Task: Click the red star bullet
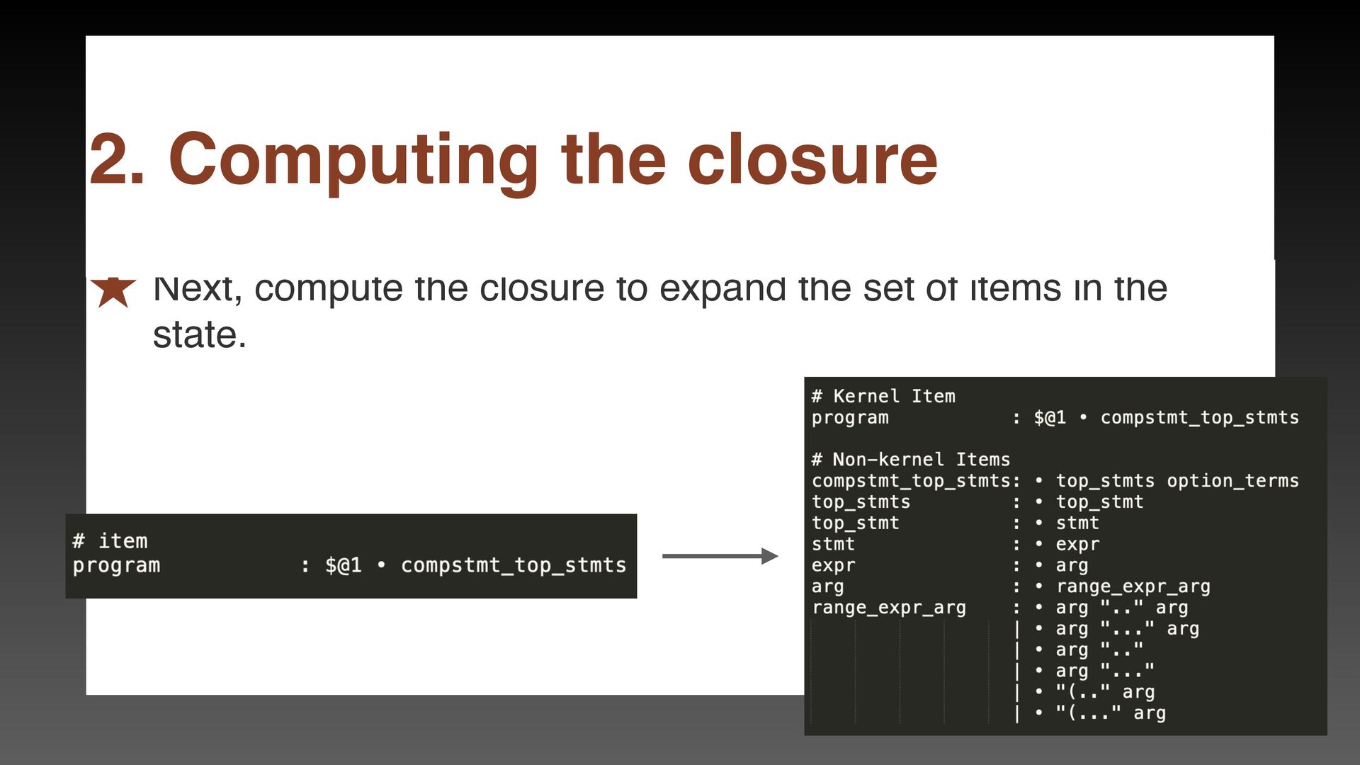tap(113, 291)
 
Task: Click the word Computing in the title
tap(353, 160)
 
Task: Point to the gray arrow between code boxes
tap(719, 556)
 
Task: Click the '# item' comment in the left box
tap(110, 541)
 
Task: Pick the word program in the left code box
tap(116, 565)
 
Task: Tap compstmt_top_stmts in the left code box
tap(514, 565)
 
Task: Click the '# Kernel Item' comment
tap(883, 396)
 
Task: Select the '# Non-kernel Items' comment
tap(910, 460)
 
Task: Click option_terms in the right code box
tap(1232, 481)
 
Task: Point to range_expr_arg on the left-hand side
tap(888, 608)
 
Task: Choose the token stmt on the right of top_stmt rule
tap(1077, 523)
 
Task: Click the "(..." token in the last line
tap(1088, 713)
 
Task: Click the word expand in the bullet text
tap(722, 289)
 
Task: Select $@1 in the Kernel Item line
tap(1050, 418)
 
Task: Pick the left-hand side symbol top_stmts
tap(861, 502)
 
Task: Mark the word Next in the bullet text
tap(195, 289)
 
